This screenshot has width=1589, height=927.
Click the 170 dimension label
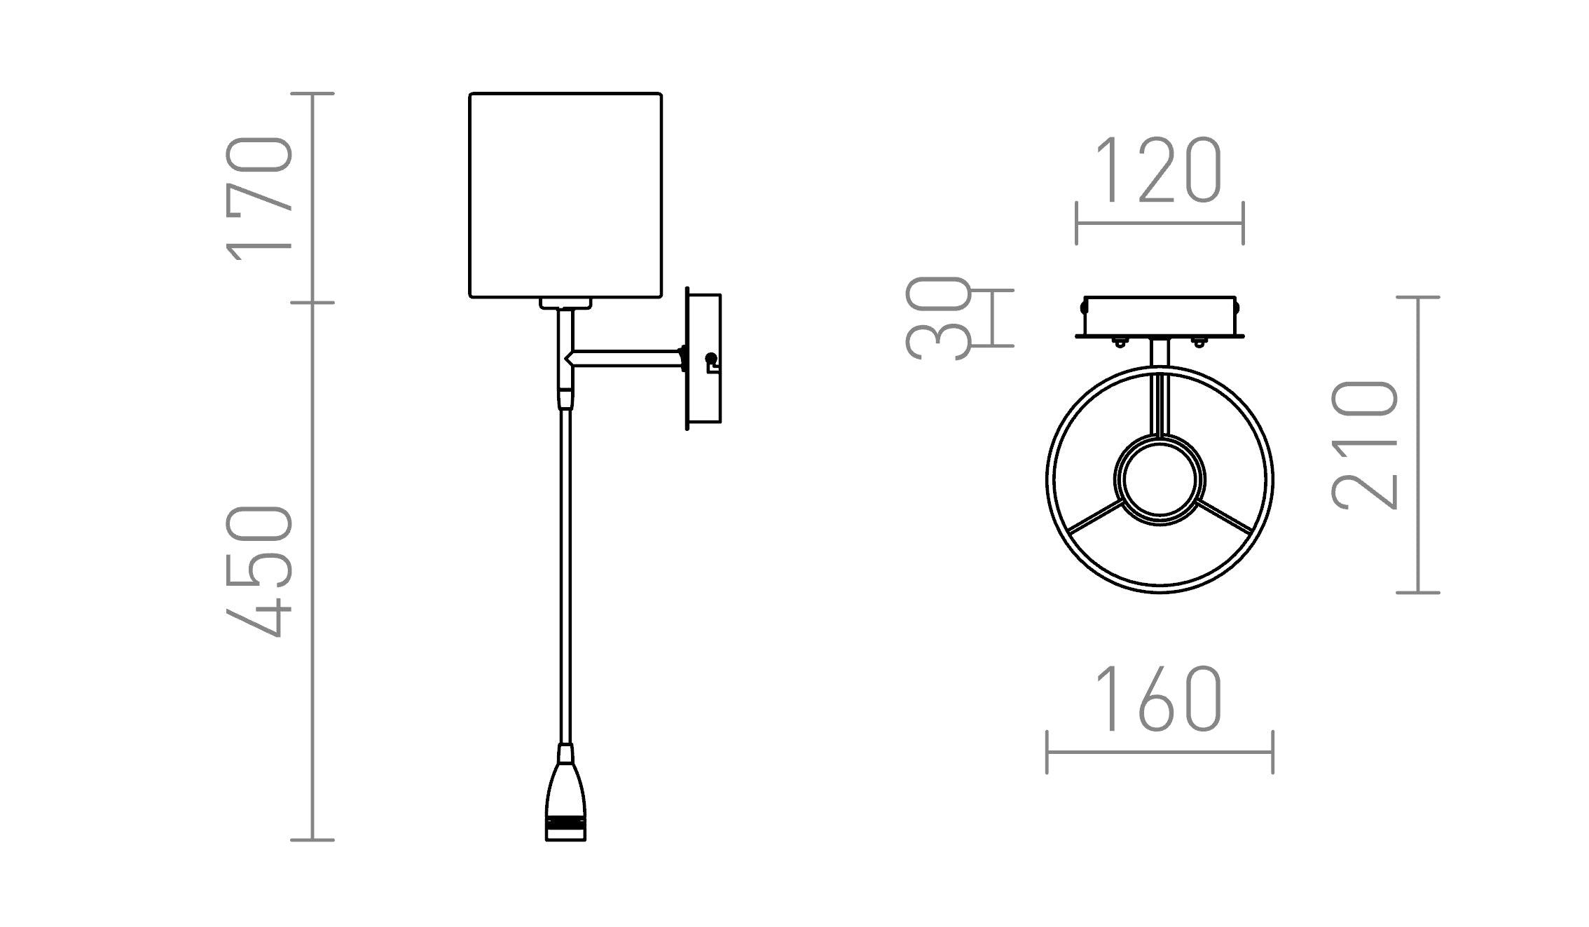tap(258, 198)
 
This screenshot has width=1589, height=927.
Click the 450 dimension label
tap(258, 571)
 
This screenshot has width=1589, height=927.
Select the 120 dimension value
tap(1159, 170)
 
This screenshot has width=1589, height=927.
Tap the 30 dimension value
tap(939, 317)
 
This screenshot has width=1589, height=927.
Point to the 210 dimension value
tap(1364, 445)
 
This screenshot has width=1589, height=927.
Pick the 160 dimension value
tap(1159, 699)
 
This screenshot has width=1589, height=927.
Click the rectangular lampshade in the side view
tap(565, 195)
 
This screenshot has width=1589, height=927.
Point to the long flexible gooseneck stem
tap(565, 575)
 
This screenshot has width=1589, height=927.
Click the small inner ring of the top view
tap(1160, 480)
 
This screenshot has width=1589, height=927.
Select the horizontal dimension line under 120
tap(1160, 224)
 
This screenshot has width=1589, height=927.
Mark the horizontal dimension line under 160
tap(1160, 753)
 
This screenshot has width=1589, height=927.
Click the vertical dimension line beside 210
tap(1418, 445)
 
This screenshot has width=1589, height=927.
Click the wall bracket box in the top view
tap(1160, 317)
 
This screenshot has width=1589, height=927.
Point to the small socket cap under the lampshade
tap(565, 303)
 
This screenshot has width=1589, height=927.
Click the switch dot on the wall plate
tap(710, 359)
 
